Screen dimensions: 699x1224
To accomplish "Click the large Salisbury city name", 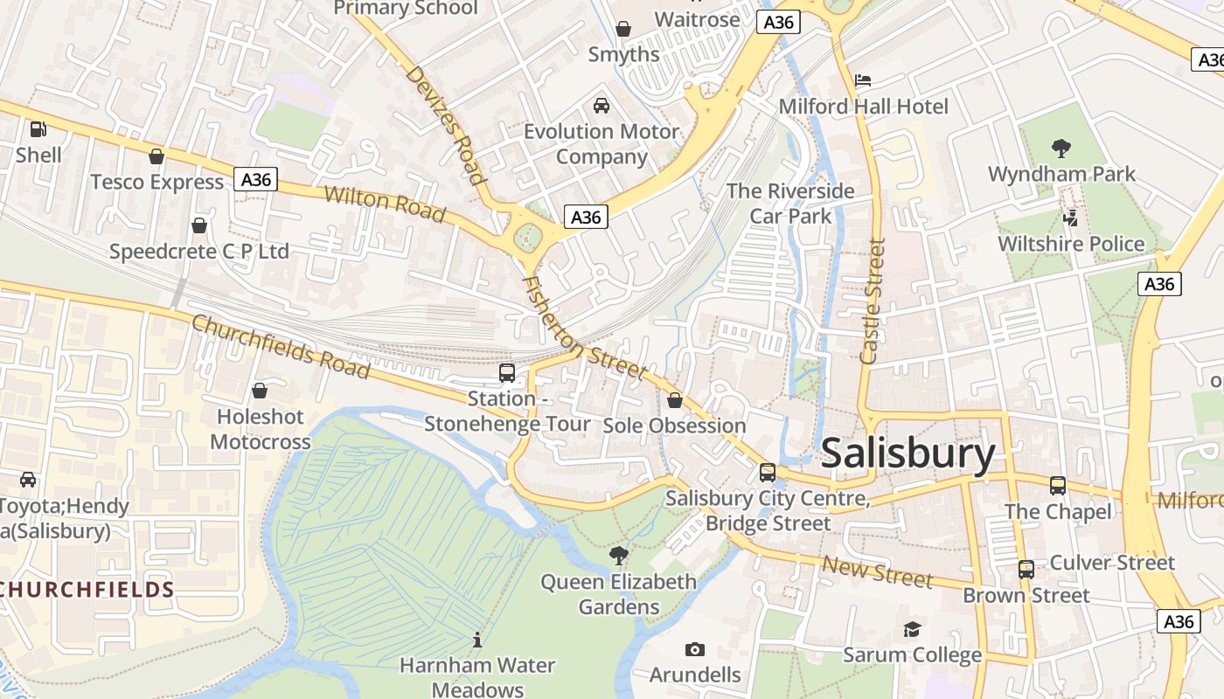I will pos(908,453).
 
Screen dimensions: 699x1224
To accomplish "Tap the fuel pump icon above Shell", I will pos(38,129).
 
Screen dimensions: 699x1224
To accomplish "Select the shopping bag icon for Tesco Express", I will pos(156,156).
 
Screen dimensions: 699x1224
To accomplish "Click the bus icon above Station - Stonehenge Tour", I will pos(507,373).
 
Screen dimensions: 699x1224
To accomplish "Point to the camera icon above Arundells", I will pos(695,649).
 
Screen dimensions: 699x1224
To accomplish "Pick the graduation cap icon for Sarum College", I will pos(912,629).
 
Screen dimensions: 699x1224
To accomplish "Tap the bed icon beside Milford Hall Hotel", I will pos(863,80).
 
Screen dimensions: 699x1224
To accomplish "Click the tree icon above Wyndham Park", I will pos(1061,148).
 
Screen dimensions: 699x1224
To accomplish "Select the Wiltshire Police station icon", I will pos(1070,218).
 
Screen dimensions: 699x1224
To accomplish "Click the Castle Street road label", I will pos(873,301).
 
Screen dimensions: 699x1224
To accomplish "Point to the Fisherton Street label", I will pos(584,329).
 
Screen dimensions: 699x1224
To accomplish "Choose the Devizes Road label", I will pos(446,125).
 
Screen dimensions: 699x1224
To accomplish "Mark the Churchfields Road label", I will pos(280,346).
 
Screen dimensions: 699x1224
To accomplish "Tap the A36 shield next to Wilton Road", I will pos(256,180).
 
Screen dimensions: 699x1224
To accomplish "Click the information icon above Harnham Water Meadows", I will pos(477,640).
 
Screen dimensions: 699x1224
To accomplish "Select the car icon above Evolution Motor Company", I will pos(602,106).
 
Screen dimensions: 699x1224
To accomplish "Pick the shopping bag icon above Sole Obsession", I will pos(675,400).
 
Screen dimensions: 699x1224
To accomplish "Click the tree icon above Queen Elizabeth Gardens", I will pos(619,555).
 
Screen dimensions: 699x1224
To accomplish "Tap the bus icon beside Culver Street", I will pos(1026,570).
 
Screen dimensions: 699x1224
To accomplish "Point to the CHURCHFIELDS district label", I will pos(87,589).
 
